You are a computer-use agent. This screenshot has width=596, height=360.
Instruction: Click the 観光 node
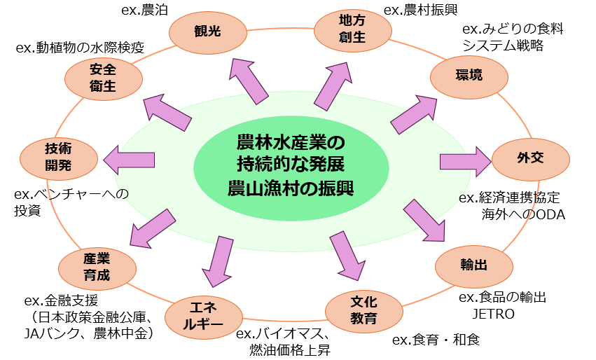(208, 32)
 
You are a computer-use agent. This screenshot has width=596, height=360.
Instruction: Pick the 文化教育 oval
(363, 310)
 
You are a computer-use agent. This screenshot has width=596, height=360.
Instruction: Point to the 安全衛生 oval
(102, 78)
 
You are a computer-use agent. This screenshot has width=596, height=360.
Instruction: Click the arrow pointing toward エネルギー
(219, 260)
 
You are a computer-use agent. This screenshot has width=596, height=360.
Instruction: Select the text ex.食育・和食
(436, 340)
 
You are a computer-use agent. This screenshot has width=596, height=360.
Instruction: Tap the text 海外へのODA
(523, 214)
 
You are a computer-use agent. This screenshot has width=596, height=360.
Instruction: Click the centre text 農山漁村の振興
(291, 188)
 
